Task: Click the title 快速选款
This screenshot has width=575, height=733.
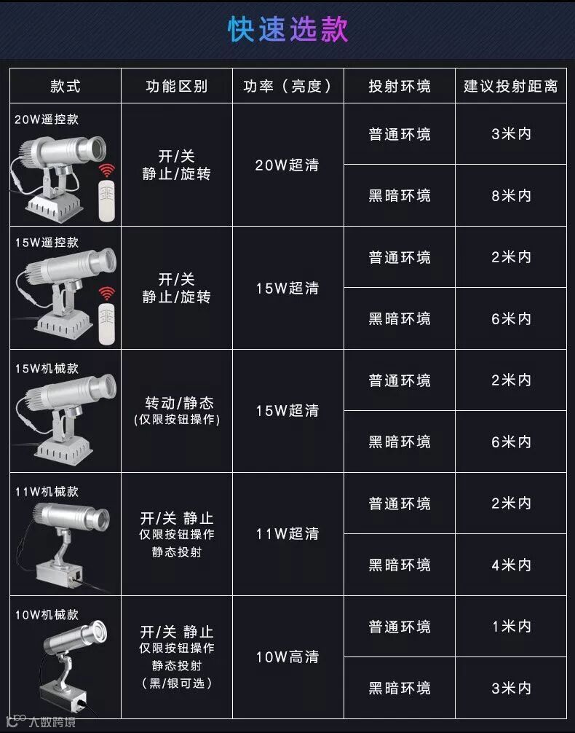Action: click(x=287, y=29)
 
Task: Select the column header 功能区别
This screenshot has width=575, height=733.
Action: click(x=177, y=87)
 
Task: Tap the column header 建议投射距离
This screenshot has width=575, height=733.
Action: click(x=510, y=87)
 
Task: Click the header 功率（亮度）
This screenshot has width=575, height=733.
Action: click(x=287, y=87)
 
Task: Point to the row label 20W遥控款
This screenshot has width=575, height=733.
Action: click(x=47, y=119)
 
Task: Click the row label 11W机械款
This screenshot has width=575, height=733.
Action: click(x=47, y=491)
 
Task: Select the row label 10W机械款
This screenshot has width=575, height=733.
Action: click(x=47, y=614)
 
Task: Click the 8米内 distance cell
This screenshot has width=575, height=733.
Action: click(x=511, y=195)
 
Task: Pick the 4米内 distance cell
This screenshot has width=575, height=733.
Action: click(x=511, y=565)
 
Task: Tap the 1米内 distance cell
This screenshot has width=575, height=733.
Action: click(x=511, y=626)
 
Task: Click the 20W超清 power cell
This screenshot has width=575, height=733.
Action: click(x=287, y=165)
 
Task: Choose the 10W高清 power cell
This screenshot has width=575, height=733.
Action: click(x=287, y=656)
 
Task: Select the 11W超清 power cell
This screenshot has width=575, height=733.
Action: click(x=287, y=533)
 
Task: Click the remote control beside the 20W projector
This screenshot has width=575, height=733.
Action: click(x=107, y=201)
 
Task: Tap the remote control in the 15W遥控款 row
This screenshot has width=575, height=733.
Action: click(x=107, y=324)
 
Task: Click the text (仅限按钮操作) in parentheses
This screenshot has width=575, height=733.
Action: click(x=177, y=419)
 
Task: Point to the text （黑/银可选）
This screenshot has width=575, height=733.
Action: click(x=177, y=683)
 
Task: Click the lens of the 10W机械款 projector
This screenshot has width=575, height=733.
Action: click(x=98, y=632)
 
